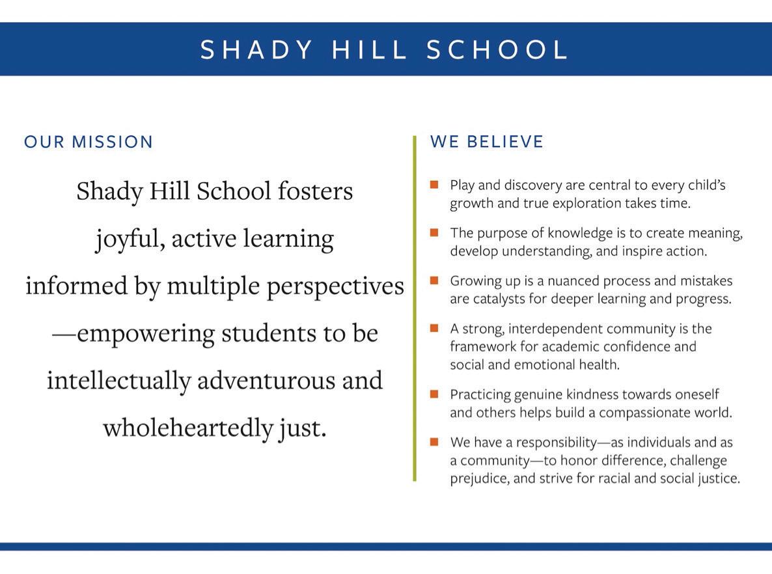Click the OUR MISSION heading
click(89, 142)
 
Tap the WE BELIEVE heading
click(487, 142)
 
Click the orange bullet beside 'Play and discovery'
click(434, 185)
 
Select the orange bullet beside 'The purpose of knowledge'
click(434, 232)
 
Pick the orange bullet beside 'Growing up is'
click(434, 280)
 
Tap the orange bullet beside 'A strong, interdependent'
click(434, 328)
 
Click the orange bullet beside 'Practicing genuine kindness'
click(434, 394)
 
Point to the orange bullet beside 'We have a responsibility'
click(434, 442)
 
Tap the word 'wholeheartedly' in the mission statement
click(187, 428)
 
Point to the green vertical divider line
click(414, 308)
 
